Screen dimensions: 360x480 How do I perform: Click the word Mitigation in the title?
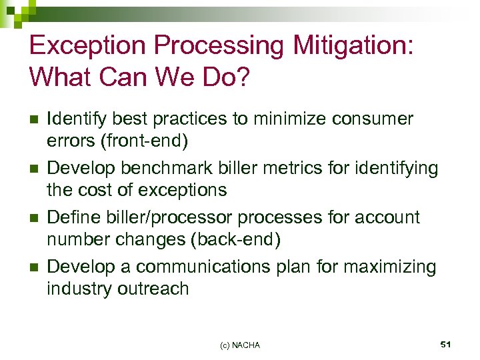(350, 45)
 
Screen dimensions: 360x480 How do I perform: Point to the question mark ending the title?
(243, 79)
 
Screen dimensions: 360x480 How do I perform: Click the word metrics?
(289, 169)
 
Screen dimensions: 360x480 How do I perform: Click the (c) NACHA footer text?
(240, 345)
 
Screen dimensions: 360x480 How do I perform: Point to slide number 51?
(446, 344)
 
